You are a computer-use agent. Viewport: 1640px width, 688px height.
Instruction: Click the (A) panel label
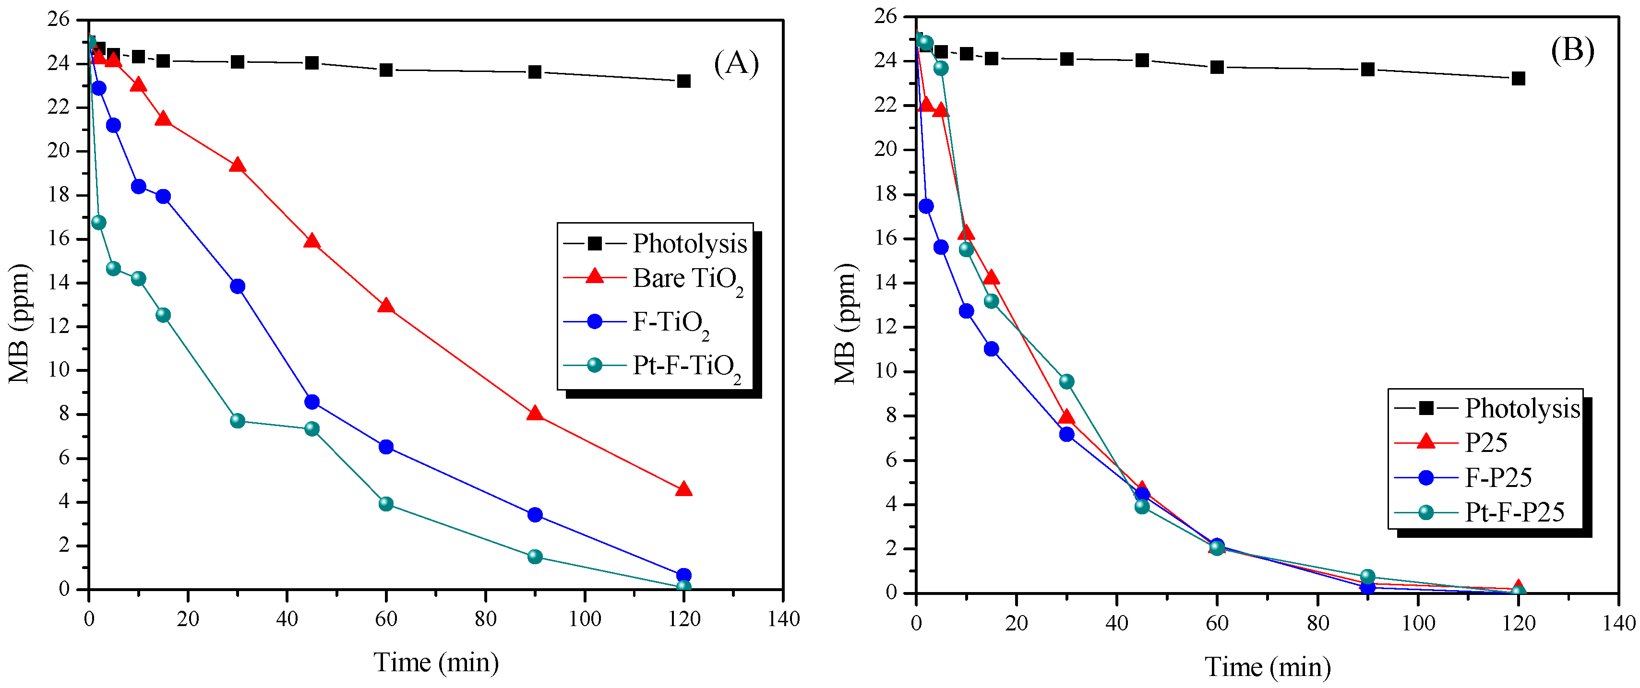tap(736, 64)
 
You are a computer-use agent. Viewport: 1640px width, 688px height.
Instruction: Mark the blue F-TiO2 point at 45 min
tap(312, 402)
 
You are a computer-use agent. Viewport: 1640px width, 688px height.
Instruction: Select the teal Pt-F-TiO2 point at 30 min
tap(238, 421)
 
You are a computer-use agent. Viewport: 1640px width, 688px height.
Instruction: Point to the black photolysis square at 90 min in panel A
tap(535, 72)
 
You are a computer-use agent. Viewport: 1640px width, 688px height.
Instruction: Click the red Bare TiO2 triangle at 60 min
tap(386, 306)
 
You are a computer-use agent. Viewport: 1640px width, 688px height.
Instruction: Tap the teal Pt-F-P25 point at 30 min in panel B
tap(1066, 382)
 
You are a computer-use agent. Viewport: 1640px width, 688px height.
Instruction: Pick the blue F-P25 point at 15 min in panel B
tap(991, 349)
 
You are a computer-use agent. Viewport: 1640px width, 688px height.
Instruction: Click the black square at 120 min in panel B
tap(1519, 79)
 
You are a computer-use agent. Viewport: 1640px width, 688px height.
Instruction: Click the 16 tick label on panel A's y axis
tap(59, 238)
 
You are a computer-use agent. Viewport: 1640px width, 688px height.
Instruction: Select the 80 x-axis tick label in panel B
tap(1317, 623)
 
